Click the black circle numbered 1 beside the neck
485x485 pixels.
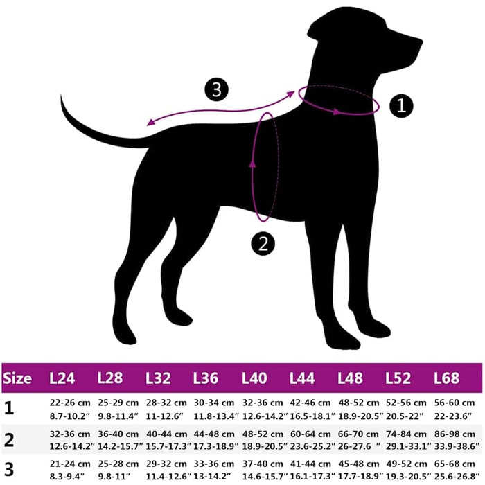coord(401,106)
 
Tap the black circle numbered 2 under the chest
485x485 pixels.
coord(263,244)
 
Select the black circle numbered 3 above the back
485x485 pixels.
coord(217,89)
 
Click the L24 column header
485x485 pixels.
coord(62,378)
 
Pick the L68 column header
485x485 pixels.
coord(446,378)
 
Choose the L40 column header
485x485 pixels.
coord(254,378)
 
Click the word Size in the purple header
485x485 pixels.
coord(17,378)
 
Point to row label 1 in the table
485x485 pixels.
coord(9,409)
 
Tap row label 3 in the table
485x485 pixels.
coord(9,470)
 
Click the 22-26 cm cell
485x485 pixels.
coord(70,403)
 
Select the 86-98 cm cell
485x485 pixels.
coord(455,434)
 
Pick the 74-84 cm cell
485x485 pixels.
coord(407,434)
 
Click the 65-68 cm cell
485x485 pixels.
coord(455,464)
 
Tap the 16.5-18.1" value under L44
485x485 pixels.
coord(312,416)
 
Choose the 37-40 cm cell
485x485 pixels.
coord(263,464)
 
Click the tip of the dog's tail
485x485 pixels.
coord(61,96)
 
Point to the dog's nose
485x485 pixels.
coord(421,42)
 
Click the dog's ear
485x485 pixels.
coord(312,30)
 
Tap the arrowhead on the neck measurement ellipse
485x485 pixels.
coord(337,112)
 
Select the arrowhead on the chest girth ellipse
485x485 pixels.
coord(253,162)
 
